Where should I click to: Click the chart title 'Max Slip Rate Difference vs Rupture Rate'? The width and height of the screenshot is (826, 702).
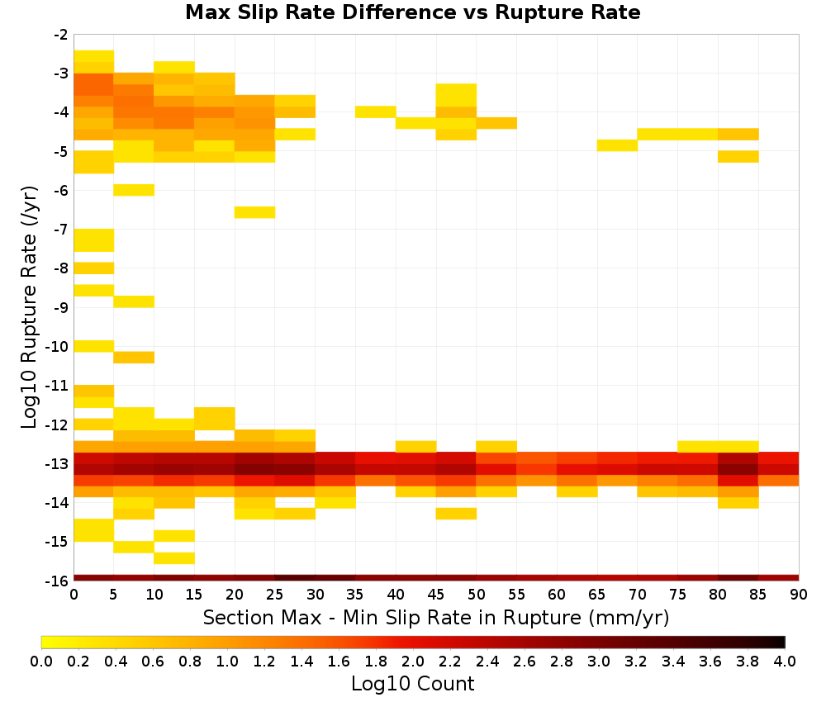pos(412,12)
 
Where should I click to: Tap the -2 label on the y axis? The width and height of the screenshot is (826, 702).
pos(60,35)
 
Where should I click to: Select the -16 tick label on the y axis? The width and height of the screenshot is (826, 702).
pos(58,581)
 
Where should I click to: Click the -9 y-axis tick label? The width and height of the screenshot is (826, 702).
pos(60,307)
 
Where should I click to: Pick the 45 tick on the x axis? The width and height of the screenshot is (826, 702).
pos(435,595)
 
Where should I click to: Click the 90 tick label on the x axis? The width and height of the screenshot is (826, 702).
pos(799,595)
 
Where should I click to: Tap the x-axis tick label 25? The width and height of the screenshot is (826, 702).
pos(274,595)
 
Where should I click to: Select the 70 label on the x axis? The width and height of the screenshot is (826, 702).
pos(638,595)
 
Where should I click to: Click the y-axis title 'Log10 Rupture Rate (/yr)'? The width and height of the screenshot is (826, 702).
pos(29,307)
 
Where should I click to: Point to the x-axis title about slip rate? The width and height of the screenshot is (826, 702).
pos(436,618)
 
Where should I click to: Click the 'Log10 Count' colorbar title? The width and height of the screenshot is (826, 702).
pos(412,684)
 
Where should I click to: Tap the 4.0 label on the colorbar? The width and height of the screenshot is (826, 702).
pos(785,661)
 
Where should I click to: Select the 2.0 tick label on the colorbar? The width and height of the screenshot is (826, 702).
pos(412,661)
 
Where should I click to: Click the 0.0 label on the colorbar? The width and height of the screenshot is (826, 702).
pos(41,661)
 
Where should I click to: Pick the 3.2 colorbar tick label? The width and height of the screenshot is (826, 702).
pos(636,661)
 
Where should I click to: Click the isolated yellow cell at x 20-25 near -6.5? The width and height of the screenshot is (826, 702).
pos(254,212)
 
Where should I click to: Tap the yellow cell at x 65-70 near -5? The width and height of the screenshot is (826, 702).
pos(617,145)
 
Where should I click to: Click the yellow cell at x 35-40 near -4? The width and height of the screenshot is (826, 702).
pos(376,111)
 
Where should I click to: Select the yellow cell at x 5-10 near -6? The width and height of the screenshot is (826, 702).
pos(134,190)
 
